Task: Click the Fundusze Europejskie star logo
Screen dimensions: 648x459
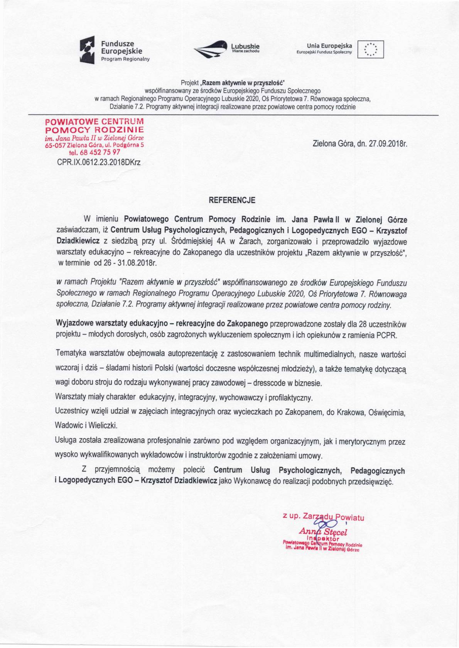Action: pos(87,49)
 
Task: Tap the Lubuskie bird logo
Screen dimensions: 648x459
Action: pos(210,49)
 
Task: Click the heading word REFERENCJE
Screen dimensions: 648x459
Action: pos(232,200)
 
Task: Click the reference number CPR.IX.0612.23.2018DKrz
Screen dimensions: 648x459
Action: pos(99,163)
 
